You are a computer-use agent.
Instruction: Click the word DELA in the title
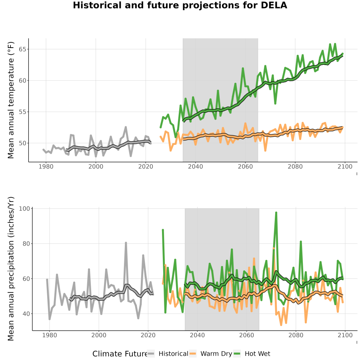274,5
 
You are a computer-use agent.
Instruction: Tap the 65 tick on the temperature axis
22,49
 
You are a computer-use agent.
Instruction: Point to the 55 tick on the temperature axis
22,112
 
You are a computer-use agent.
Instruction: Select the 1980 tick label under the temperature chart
46,166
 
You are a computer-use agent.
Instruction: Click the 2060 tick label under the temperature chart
245,166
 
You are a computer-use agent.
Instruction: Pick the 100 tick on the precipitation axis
24,208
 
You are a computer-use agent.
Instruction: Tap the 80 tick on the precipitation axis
26,244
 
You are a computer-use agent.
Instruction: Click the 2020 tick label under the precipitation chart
148,335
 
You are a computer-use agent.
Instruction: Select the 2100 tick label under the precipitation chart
345,335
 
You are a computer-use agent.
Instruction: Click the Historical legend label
173,354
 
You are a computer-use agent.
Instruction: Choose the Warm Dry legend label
216,354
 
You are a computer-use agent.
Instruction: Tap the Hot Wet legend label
257,354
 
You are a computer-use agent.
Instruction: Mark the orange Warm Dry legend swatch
193,354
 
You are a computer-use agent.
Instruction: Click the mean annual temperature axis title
11,100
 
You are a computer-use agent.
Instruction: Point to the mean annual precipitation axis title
11,269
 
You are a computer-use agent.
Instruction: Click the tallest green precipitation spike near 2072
276,213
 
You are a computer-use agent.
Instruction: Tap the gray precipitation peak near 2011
126,243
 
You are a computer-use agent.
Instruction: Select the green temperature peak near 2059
243,68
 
